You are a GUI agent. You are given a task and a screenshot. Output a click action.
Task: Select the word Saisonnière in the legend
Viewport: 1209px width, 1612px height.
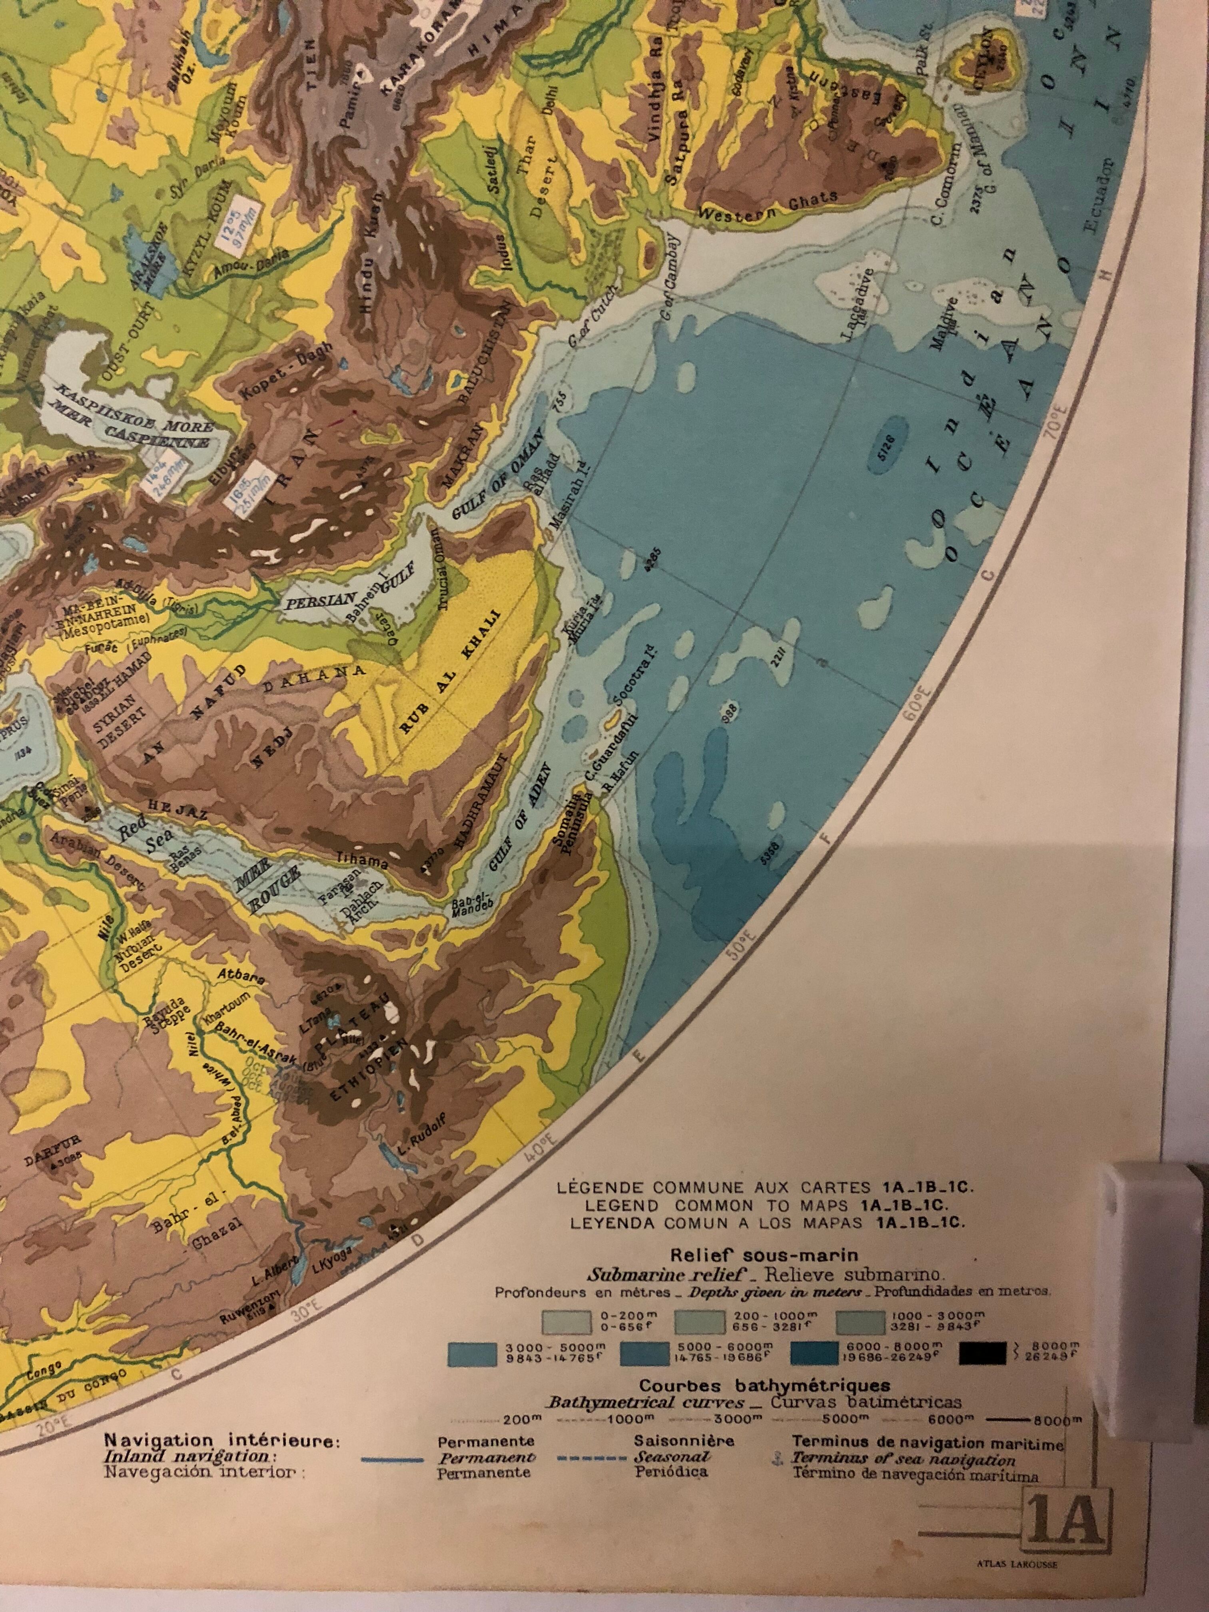683,1441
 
